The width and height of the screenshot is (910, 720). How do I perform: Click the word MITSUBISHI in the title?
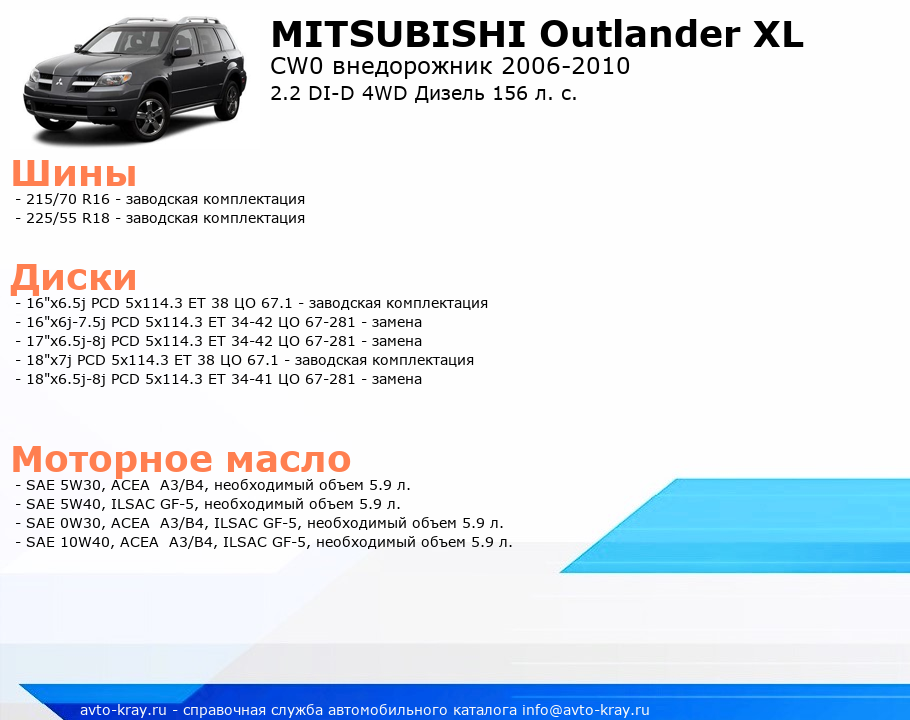click(398, 34)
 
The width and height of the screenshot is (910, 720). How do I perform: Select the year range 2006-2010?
click(566, 66)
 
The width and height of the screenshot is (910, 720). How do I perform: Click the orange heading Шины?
click(74, 173)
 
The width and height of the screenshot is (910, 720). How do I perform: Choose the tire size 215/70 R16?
click(68, 199)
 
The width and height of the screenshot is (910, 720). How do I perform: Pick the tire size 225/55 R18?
click(68, 218)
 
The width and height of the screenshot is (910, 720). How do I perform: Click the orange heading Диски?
click(74, 277)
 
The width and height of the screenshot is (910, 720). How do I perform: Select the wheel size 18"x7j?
click(49, 360)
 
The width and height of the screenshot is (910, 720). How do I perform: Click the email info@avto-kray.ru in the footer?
click(586, 710)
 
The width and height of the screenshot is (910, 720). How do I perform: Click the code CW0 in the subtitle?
click(296, 66)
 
